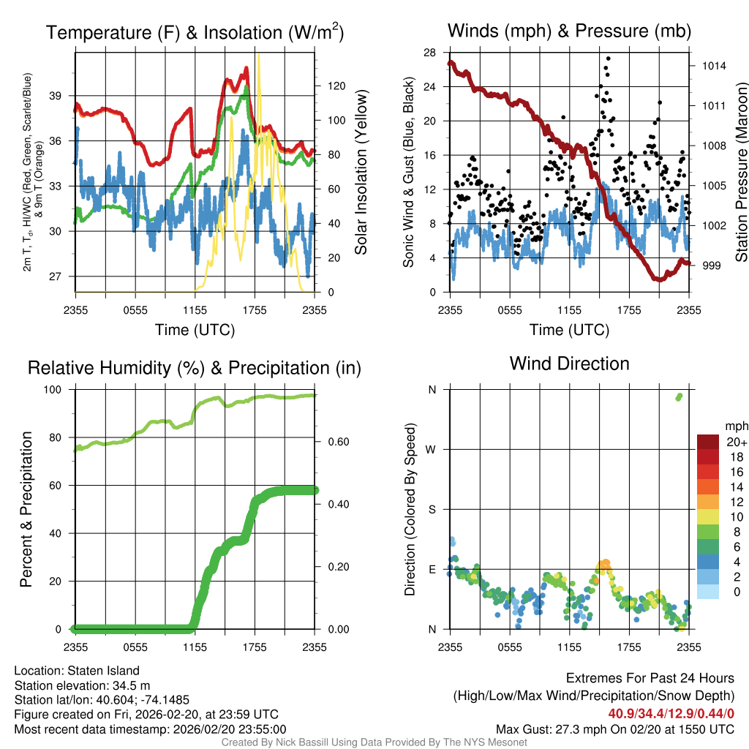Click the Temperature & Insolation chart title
195,32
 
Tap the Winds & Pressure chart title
569,31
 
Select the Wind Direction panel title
569,364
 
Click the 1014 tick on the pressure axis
713,66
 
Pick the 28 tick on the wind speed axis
429,52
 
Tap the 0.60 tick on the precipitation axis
333,441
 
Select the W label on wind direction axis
432,449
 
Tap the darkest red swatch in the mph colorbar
708,441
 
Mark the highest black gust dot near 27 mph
608,59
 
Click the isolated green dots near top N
679,396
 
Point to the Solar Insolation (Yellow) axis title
361,173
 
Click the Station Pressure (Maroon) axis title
740,173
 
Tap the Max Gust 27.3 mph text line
614,729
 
